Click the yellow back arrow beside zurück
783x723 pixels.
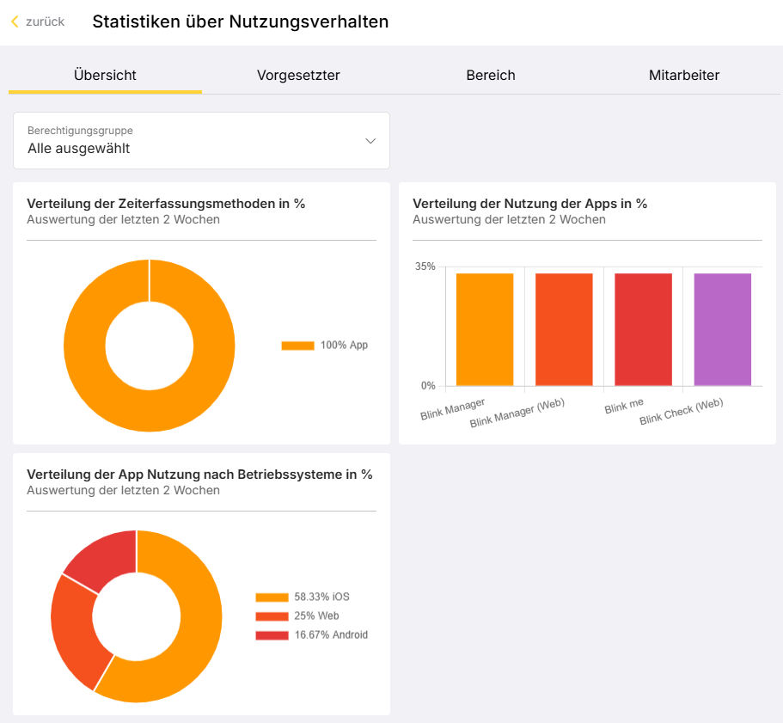[15, 21]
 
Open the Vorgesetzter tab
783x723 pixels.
[298, 76]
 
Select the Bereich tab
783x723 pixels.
[491, 76]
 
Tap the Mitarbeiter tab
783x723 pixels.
[683, 76]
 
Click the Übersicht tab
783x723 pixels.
[105, 76]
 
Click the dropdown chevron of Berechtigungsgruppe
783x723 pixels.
[370, 141]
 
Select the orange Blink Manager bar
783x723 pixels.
[485, 329]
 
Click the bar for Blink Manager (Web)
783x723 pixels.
[564, 329]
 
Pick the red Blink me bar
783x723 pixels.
[643, 329]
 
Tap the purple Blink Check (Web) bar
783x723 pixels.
[723, 329]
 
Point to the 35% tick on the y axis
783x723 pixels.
[425, 267]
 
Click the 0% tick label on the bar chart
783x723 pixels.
[428, 385]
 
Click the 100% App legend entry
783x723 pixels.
[325, 345]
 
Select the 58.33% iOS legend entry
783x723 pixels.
[303, 597]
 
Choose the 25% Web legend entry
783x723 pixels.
[297, 616]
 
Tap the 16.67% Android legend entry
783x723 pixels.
[312, 634]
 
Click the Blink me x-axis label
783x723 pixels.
[624, 406]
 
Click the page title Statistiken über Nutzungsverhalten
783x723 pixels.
[240, 21]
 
